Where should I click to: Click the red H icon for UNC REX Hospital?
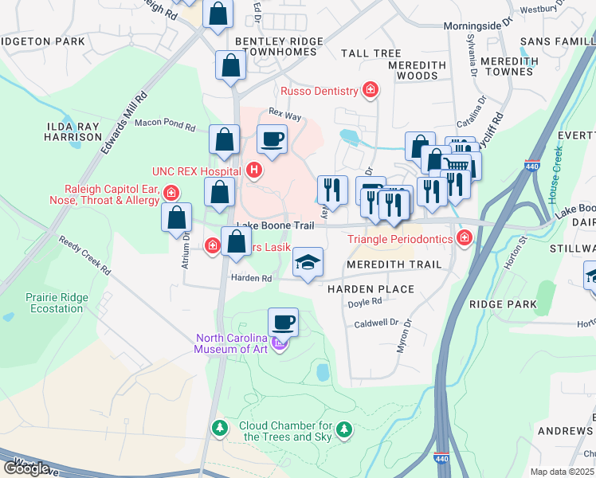point(254,169)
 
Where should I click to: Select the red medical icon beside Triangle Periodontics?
point(464,238)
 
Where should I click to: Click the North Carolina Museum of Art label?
point(236,343)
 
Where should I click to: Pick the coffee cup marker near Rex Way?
point(273,139)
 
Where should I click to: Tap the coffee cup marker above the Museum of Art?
point(283,323)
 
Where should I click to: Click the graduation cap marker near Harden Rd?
point(308,263)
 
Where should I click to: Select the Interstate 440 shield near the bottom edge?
point(441,459)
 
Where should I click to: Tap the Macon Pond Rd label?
point(165,125)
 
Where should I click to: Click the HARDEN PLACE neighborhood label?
point(371,288)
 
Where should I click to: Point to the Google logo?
point(27,468)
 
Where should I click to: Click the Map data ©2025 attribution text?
point(563,472)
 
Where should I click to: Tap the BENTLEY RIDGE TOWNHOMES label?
point(279,45)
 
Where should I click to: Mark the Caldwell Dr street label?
point(376,322)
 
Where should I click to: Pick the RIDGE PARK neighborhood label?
point(497,304)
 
